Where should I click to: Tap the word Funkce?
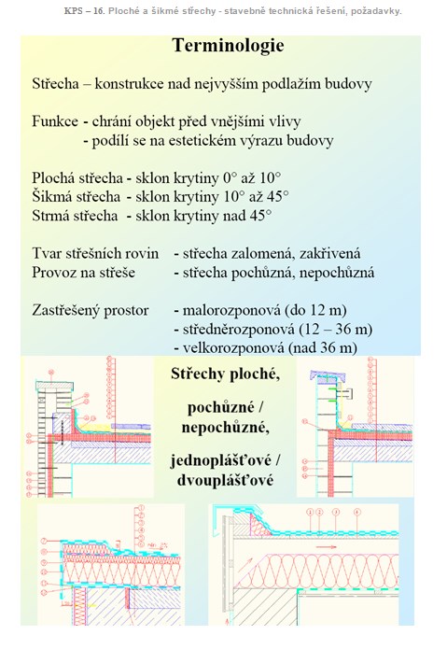tap(55, 121)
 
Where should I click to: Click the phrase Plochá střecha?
tap(77, 178)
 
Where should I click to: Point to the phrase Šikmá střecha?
tap(77, 197)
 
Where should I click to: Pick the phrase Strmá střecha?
tap(75, 216)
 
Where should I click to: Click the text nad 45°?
tap(247, 216)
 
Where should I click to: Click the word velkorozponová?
tap(233, 348)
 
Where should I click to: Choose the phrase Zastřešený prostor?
tap(91, 310)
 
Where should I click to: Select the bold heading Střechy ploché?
tap(225, 374)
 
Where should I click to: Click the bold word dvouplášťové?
tap(225, 481)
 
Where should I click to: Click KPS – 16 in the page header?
tap(84, 11)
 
